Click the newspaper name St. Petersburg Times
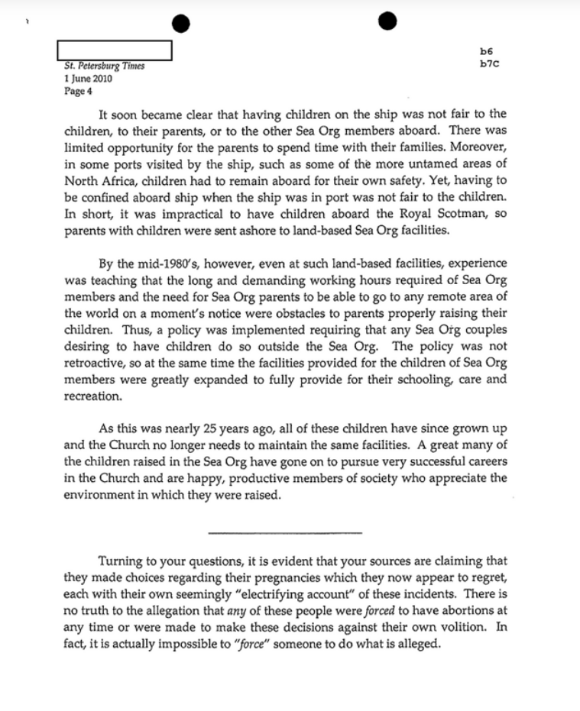105,66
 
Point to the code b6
486,52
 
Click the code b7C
489,63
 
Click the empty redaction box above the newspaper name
114,50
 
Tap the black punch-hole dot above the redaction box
180,24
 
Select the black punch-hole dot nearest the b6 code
387,21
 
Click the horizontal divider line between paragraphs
284,532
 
